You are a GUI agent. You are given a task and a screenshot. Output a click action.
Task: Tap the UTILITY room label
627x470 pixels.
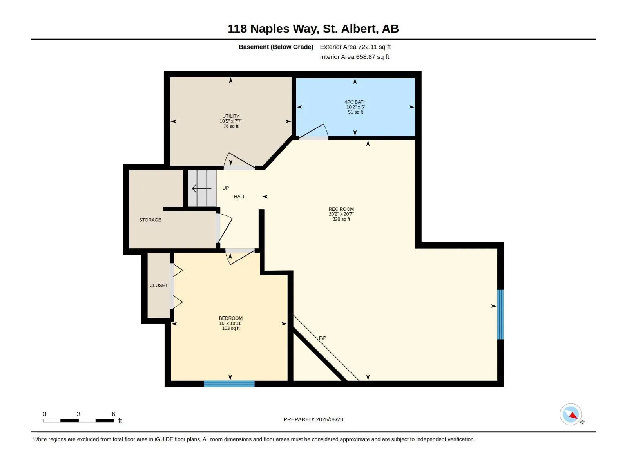point(231,116)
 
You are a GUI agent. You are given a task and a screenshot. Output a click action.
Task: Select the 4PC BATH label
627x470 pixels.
point(355,102)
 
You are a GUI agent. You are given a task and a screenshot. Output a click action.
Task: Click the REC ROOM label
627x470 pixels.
point(341,209)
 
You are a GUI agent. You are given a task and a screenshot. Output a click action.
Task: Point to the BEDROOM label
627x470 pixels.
point(230,318)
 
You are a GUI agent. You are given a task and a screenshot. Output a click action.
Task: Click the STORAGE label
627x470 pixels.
point(150,220)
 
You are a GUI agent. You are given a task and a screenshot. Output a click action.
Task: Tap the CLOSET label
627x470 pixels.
point(159,286)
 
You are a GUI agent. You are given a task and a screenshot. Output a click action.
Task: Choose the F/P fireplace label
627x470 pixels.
point(323,338)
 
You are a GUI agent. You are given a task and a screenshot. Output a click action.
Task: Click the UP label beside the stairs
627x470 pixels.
point(226,188)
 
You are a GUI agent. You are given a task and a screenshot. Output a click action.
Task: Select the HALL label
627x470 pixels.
point(240,197)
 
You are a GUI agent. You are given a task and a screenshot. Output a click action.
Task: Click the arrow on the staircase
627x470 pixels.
point(202,188)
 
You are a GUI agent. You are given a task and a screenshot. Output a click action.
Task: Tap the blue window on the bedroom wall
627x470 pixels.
point(229,383)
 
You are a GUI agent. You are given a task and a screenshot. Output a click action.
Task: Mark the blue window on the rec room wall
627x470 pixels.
point(500,315)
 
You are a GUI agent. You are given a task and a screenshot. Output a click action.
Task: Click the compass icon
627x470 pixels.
point(571,414)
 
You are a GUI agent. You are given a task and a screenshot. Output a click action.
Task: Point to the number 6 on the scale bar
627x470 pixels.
point(113,414)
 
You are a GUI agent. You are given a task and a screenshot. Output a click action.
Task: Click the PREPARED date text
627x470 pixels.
point(313,419)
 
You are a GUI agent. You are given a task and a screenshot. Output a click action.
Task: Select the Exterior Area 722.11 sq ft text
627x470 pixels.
point(355,47)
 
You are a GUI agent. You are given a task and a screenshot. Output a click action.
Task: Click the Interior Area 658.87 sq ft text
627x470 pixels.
point(355,57)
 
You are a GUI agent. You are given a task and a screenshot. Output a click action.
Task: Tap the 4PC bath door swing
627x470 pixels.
point(313,132)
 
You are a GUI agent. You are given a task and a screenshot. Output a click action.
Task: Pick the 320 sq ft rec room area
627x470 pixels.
point(341,219)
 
